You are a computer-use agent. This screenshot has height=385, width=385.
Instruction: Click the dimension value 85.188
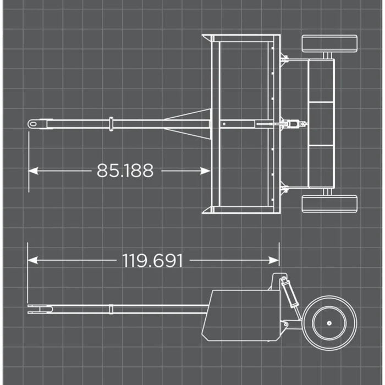125,170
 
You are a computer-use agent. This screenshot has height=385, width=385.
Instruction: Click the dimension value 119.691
152,260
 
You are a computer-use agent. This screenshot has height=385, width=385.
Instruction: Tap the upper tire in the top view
329,43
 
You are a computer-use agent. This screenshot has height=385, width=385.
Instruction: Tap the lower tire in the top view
329,204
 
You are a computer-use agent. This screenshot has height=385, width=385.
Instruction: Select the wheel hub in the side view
329,324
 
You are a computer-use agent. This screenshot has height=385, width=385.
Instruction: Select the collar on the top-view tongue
111,124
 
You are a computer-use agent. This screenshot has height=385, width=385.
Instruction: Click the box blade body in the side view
242,315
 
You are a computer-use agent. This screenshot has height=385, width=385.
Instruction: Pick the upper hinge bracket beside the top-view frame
284,58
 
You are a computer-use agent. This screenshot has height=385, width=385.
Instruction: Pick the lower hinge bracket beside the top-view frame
284,189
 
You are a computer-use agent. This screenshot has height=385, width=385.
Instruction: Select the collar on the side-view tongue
111,309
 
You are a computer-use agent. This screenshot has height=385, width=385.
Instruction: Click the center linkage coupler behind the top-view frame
295,124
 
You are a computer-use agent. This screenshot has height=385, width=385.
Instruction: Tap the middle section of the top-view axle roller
321,124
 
